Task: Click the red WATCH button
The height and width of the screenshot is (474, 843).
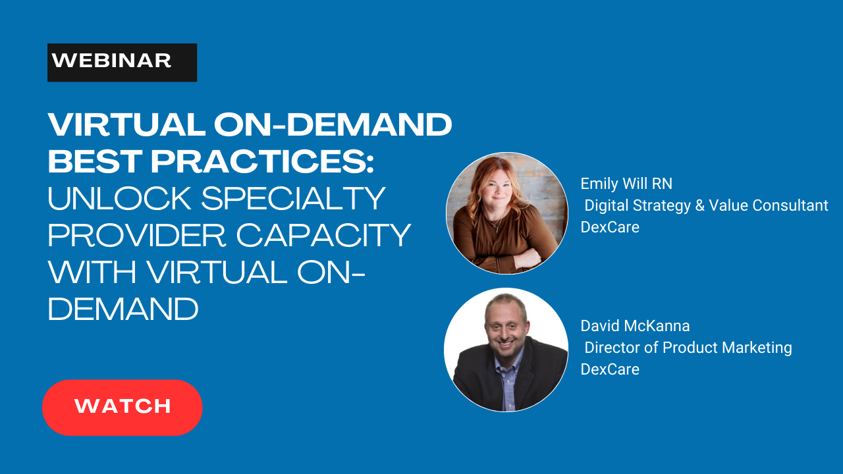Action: coord(122,407)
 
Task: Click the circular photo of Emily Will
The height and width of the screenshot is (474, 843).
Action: coord(506,213)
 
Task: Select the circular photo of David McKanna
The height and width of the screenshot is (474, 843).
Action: coord(506,350)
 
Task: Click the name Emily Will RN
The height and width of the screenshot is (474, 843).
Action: coord(626,183)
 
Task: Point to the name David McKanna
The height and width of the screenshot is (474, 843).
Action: coord(635,325)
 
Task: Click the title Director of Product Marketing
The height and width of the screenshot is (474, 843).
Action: coord(688,347)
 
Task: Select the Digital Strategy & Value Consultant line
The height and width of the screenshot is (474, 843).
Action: coord(706,205)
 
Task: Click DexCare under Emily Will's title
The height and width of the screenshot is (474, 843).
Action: coord(610,227)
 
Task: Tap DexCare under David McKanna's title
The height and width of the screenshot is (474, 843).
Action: coord(610,369)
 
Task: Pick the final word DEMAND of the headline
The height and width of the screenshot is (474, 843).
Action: coord(123,309)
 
